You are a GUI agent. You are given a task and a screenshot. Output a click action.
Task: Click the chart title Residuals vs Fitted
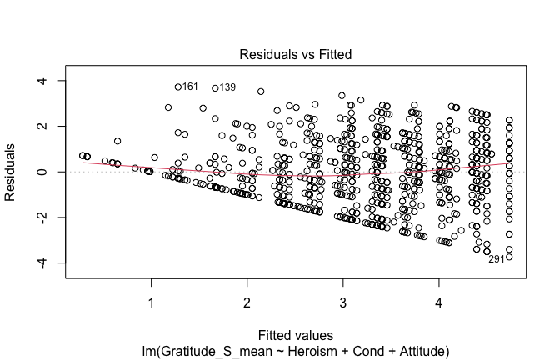295,54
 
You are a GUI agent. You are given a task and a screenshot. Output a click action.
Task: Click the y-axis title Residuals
12,172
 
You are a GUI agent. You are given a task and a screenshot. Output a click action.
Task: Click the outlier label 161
190,87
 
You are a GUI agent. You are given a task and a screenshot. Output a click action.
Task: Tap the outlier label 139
227,87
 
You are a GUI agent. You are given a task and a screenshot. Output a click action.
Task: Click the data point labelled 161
178,87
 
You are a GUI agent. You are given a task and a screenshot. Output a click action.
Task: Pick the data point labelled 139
216,87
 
